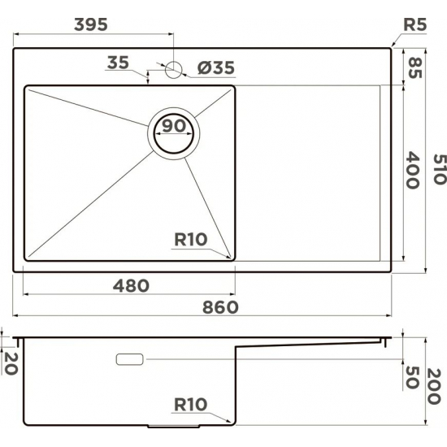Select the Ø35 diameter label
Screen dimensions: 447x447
(215, 68)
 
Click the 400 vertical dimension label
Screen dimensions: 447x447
(413, 171)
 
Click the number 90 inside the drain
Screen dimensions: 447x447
(172, 127)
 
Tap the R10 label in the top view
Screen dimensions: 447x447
(192, 240)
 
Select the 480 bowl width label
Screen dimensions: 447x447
(131, 286)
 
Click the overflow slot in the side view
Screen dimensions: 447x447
(130, 358)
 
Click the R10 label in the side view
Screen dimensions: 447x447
(192, 404)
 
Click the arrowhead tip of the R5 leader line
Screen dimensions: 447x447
(394, 46)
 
